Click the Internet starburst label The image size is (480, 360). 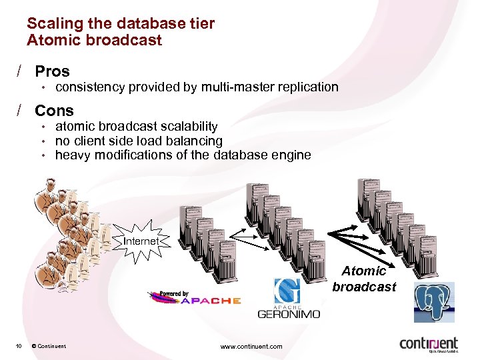coord(141,241)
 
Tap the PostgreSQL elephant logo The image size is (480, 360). coord(433,301)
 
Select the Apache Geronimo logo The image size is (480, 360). coord(289,299)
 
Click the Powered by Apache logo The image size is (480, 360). coord(194,298)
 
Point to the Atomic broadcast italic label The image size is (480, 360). coord(364,279)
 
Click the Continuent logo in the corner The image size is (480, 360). coord(429,343)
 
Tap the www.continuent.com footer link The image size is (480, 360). coord(251,346)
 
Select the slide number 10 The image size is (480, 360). coord(20,345)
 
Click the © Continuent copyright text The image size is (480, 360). coord(49,345)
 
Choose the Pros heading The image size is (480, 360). coord(52,71)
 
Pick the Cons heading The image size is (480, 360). coord(54,111)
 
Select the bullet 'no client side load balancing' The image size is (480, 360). coord(139,141)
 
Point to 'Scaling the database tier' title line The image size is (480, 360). coord(121,23)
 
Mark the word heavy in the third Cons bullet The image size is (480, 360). coord(71,155)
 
